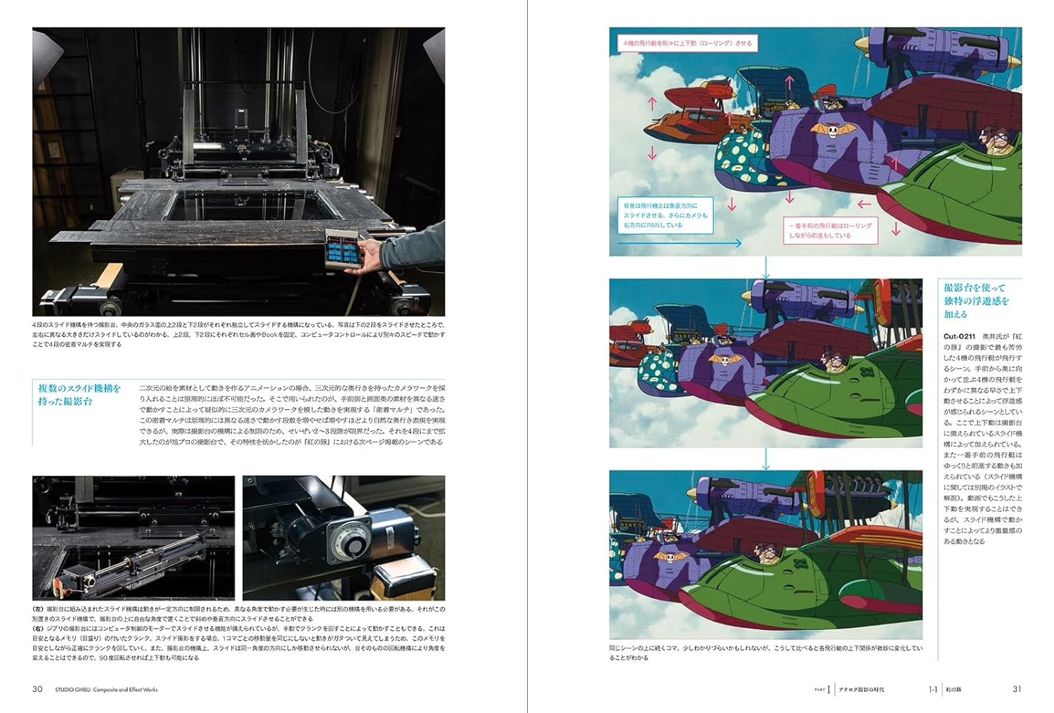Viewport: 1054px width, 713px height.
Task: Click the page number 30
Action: [38, 689]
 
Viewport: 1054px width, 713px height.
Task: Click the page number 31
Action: [1016, 689]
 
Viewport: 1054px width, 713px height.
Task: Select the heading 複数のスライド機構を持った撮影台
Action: [79, 394]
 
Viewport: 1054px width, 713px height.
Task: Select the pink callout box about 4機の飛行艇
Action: [687, 44]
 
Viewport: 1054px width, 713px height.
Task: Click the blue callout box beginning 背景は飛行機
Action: [665, 215]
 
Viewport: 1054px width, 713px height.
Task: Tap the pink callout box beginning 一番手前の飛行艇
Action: [830, 231]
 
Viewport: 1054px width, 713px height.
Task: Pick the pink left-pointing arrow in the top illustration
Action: [864, 205]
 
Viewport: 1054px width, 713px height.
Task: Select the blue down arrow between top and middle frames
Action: [766, 267]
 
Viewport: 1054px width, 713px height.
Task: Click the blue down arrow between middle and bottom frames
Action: [766, 458]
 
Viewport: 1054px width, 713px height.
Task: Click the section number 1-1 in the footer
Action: [933, 690]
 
